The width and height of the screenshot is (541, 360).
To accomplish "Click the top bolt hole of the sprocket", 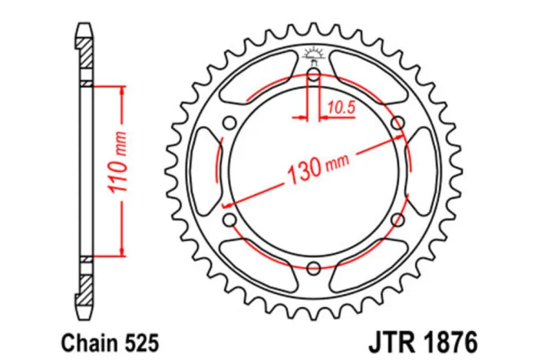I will tap(313, 74).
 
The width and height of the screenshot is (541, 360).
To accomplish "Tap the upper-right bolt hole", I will tap(397, 123).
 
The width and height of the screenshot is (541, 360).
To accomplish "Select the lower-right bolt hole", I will tap(397, 220).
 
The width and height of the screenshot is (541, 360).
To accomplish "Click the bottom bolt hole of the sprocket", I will tap(313, 268).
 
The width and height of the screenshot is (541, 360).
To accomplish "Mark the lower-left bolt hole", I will tap(229, 220).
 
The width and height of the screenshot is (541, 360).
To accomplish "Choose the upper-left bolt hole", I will tap(229, 123).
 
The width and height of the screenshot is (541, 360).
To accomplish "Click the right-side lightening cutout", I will tap(421, 171).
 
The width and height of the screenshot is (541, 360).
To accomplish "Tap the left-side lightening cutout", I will tap(205, 171).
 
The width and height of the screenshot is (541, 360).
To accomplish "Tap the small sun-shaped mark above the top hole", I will tap(313, 53).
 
